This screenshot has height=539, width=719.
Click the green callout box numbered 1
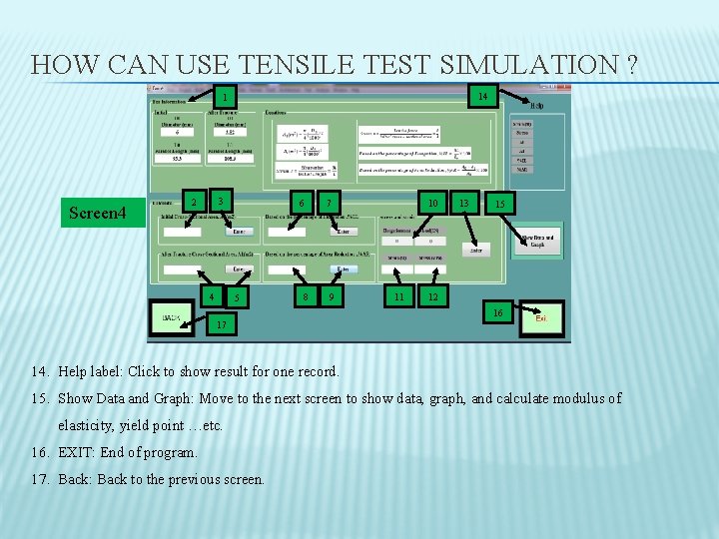pos(227,97)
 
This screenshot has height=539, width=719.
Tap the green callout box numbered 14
pos(482,97)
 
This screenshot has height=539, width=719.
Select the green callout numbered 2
pos(196,202)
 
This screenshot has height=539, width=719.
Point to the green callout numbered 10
pos(432,203)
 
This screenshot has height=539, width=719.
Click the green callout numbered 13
pos(462,203)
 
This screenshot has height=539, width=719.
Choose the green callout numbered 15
pos(500,203)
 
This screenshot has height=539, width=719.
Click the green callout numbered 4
pos(211,297)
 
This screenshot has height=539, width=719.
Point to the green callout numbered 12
pos(432,297)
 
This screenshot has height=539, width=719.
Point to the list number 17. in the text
pos(40,479)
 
